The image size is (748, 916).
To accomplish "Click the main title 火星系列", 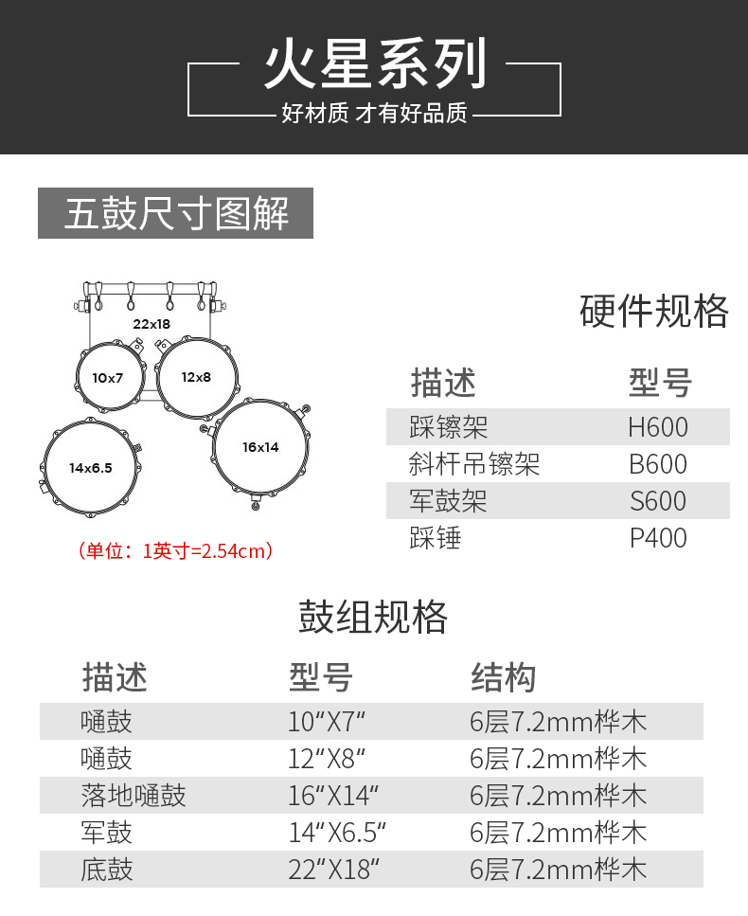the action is (x=375, y=64).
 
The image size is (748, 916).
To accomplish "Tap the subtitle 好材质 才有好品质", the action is (x=375, y=114).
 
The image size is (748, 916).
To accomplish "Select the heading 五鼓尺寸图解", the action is (x=176, y=213).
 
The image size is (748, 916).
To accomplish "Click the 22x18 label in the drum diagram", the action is (x=151, y=324).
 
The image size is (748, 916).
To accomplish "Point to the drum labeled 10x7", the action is (x=108, y=378).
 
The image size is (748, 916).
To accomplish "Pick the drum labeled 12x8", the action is (x=196, y=377).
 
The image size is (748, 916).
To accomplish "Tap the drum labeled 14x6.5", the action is (x=90, y=468).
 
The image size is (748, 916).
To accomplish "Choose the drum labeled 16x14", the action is (x=260, y=447).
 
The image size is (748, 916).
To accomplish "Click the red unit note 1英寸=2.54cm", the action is (x=175, y=550).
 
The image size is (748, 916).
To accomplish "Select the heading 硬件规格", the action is (x=654, y=311).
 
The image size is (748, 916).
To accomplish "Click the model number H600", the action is (x=658, y=427).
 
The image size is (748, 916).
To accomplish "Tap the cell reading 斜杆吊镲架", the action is (x=474, y=464).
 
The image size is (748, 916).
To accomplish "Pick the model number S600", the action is (x=658, y=501).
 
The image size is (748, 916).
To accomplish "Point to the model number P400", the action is (x=658, y=538).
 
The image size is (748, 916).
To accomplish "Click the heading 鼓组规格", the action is (x=373, y=617).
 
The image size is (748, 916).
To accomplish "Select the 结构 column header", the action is (x=503, y=677).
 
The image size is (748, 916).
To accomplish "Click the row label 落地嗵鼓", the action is (x=134, y=795).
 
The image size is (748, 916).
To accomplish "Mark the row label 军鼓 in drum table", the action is (x=107, y=832).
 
